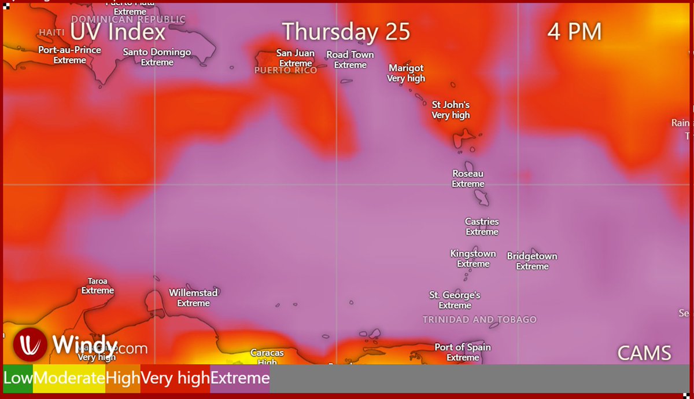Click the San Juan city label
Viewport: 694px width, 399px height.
pyautogui.click(x=296, y=53)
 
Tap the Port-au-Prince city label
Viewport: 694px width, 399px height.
pyautogui.click(x=69, y=50)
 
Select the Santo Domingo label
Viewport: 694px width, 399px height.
pyautogui.click(x=157, y=52)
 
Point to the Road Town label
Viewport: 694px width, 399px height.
pyautogui.click(x=350, y=55)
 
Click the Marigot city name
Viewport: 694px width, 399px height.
pyautogui.click(x=406, y=68)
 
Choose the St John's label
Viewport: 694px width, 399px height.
pyautogui.click(x=451, y=105)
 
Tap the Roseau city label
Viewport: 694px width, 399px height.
pyautogui.click(x=468, y=174)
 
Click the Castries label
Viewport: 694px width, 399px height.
pyautogui.click(x=482, y=222)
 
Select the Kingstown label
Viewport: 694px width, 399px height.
pyautogui.click(x=473, y=254)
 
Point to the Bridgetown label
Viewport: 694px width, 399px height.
pyautogui.click(x=532, y=256)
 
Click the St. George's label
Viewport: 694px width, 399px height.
pyautogui.click(x=455, y=295)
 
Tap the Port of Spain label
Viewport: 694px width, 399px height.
pyautogui.click(x=463, y=347)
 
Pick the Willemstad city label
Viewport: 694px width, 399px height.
pyautogui.click(x=193, y=293)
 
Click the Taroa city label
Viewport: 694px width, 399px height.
pyautogui.click(x=98, y=281)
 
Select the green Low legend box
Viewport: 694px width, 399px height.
pyautogui.click(x=18, y=379)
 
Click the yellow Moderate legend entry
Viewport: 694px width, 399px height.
pyautogui.click(x=69, y=379)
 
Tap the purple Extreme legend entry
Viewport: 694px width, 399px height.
pyautogui.click(x=239, y=379)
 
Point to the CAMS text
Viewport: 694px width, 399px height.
pyautogui.click(x=644, y=353)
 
